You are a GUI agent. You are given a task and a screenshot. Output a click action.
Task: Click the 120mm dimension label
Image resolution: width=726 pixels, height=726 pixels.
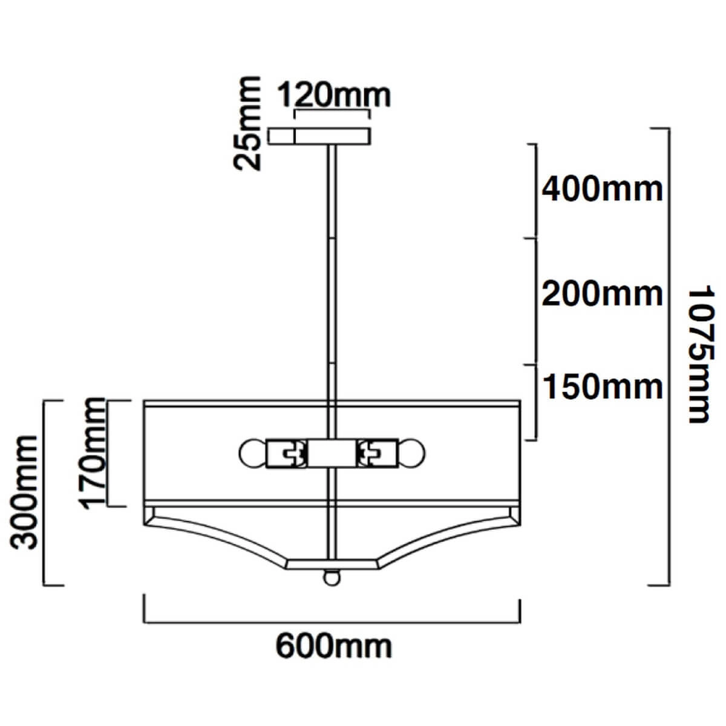pos(334,96)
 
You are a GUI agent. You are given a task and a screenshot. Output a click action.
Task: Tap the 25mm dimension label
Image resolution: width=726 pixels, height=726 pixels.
pos(247,124)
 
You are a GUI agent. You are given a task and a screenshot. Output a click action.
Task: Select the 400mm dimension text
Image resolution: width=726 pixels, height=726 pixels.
pos(601,190)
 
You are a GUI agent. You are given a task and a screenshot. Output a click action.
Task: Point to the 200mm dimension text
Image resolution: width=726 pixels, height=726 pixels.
pos(601,294)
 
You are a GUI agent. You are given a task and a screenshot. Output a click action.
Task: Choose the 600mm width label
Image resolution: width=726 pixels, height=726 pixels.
pos(334,647)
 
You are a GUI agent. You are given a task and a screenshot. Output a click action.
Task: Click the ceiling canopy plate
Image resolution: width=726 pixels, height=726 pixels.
pos(319,136)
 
